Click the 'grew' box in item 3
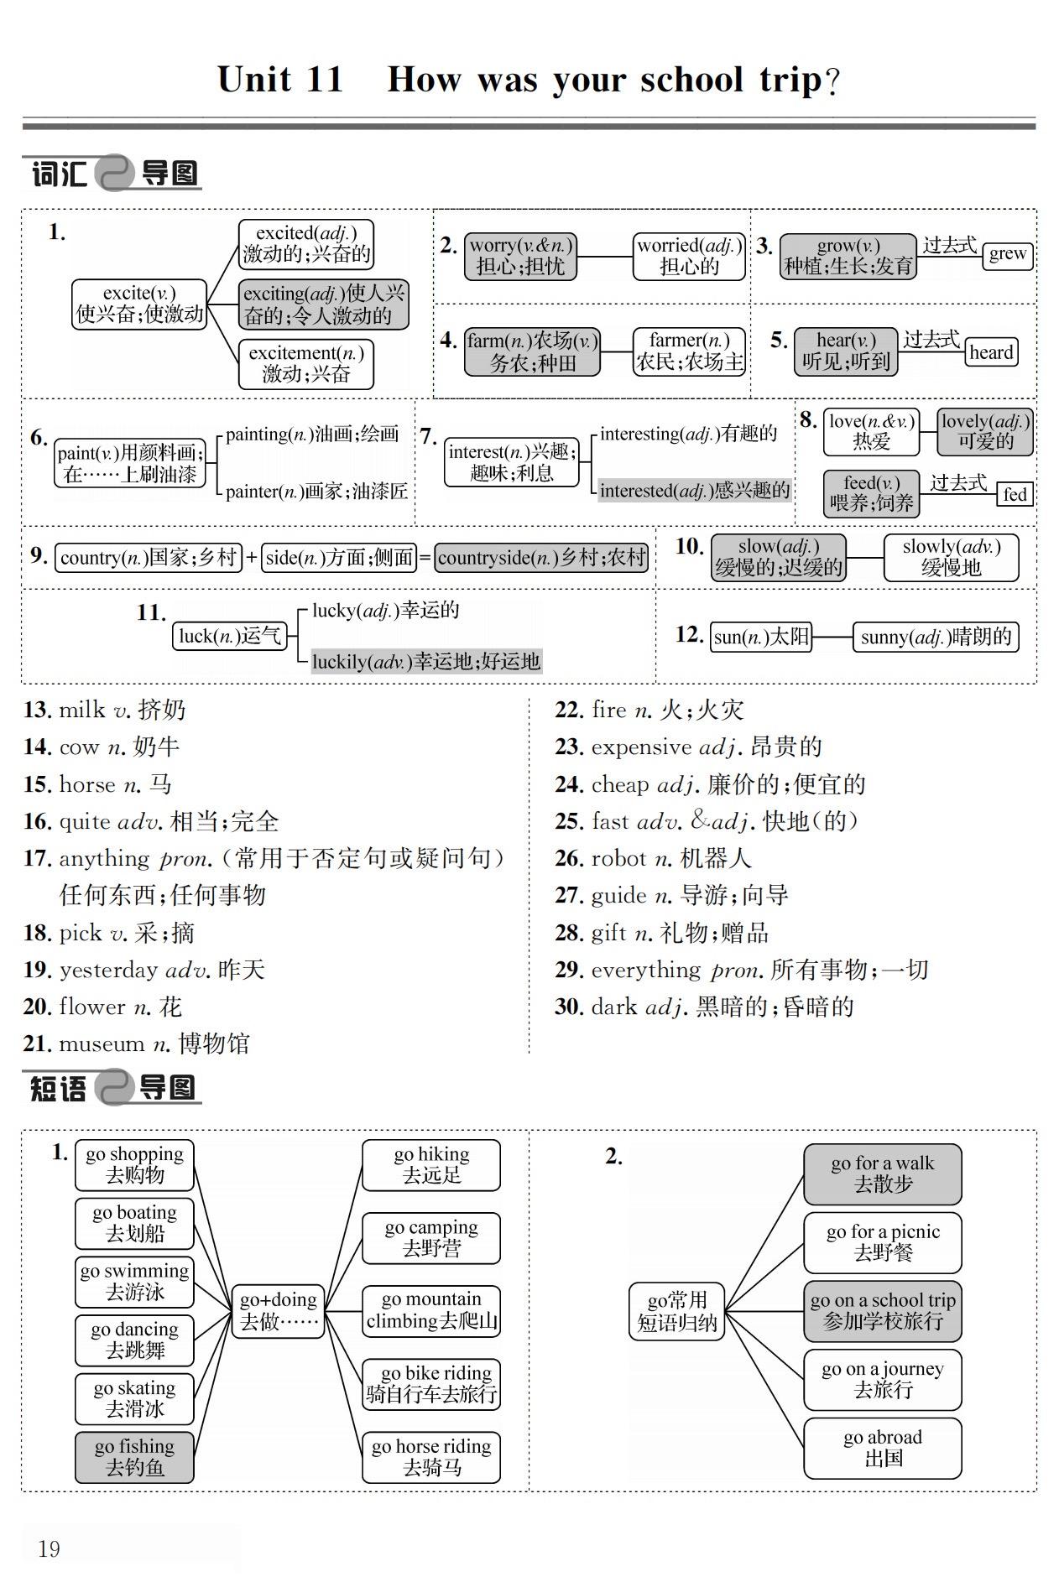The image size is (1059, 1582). click(1007, 253)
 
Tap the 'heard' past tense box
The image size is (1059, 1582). click(991, 352)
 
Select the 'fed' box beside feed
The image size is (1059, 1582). click(1015, 494)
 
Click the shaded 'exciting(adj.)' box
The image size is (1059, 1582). click(324, 304)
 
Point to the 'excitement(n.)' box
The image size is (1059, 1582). click(305, 363)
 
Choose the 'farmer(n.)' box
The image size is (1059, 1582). click(689, 351)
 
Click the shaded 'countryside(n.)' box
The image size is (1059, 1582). click(541, 558)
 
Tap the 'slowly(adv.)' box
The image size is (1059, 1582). click(951, 557)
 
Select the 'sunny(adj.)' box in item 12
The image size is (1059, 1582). click(936, 637)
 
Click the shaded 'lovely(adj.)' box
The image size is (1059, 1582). click(985, 431)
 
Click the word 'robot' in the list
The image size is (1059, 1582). click(618, 858)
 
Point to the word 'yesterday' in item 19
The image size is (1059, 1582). click(108, 970)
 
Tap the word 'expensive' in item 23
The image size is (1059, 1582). click(641, 747)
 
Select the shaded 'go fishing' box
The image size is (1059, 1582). click(134, 1456)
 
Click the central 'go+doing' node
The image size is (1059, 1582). click(278, 1310)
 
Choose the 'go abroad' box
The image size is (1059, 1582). click(882, 1447)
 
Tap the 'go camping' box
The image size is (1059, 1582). click(431, 1237)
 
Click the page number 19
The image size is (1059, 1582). click(50, 1548)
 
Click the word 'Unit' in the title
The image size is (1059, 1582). click(253, 80)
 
